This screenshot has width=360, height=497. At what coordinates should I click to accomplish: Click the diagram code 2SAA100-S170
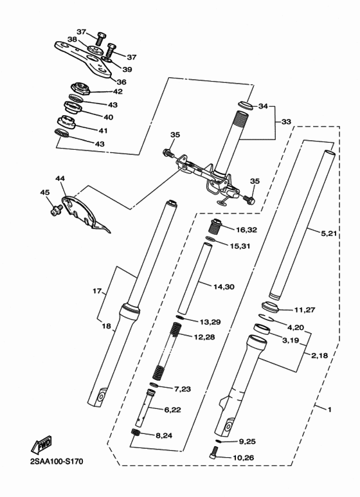[x=55, y=461]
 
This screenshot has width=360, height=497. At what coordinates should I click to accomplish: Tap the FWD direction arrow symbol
[x=40, y=444]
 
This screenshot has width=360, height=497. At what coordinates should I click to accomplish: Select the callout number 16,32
[x=246, y=229]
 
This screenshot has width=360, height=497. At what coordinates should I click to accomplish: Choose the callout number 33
[x=286, y=121]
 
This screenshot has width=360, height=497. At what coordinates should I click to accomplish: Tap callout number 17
[x=98, y=291]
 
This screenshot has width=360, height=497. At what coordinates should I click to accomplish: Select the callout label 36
[x=121, y=82]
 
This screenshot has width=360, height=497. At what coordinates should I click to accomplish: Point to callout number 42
[x=117, y=92]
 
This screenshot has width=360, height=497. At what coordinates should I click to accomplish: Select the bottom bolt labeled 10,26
[x=215, y=453]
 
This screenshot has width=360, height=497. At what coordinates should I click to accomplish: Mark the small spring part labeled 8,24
[x=136, y=435]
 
